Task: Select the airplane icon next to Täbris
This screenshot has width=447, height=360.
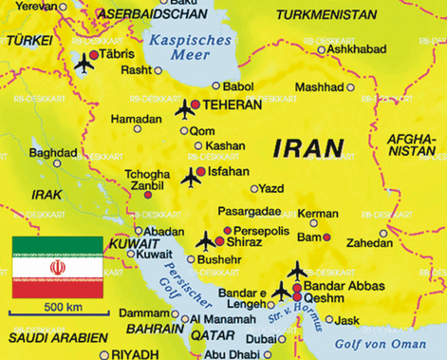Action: pyautogui.click(x=84, y=64)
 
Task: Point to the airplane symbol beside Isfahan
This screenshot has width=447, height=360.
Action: pyautogui.click(x=191, y=177)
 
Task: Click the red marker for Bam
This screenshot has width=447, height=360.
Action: pyautogui.click(x=326, y=237)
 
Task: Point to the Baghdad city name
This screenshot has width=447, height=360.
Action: pyautogui.click(x=52, y=152)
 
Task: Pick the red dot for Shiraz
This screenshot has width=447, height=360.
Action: pyautogui.click(x=219, y=243)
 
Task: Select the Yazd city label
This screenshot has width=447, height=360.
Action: pyautogui.click(x=270, y=188)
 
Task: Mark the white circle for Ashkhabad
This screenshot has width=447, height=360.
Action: pyautogui.click(x=322, y=49)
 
